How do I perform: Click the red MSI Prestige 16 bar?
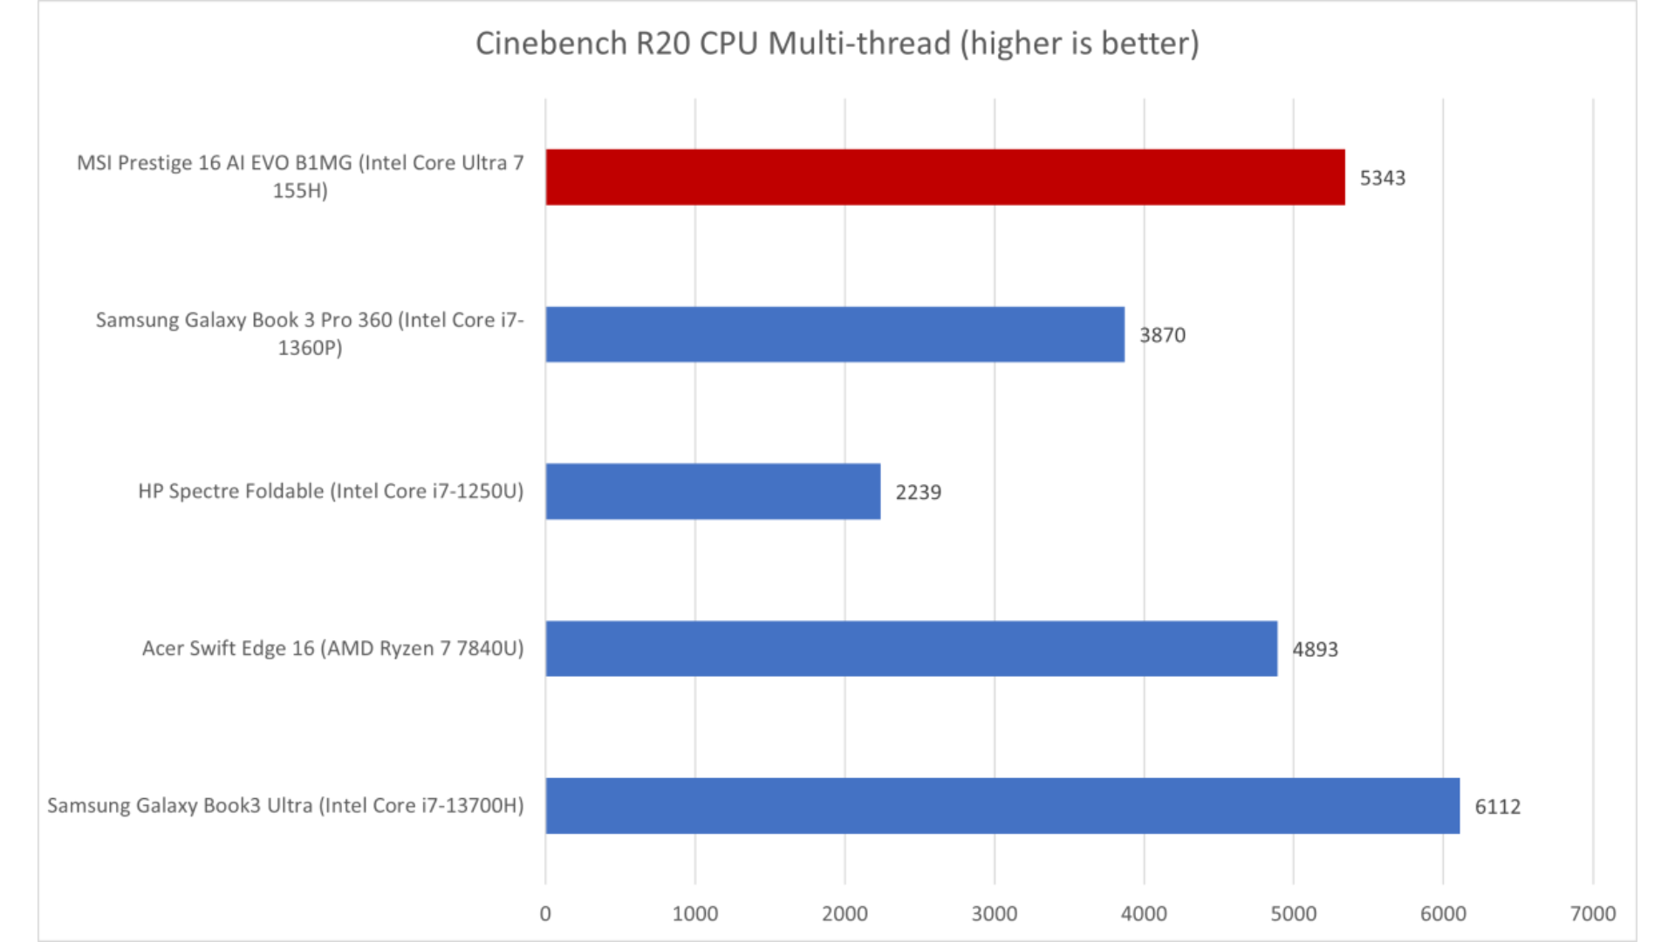point(945,177)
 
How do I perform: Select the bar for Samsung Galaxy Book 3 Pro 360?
point(835,334)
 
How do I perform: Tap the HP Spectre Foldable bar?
point(713,491)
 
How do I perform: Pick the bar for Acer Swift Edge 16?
point(912,648)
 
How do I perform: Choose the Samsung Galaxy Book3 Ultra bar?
point(1002,805)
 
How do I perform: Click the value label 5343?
point(1383,178)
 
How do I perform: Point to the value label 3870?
point(1162,335)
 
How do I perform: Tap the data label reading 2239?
point(918,492)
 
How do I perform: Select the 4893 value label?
point(1315,649)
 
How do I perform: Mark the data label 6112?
point(1497,807)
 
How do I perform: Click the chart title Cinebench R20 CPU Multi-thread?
point(837,44)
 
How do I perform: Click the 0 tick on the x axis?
point(545,913)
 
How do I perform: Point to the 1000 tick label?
point(694,913)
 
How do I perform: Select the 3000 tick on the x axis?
point(995,913)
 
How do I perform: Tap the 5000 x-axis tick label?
point(1293,913)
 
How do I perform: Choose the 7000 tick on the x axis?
point(1593,913)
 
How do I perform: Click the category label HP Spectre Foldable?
point(331,491)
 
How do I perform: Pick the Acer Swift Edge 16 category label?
point(332,648)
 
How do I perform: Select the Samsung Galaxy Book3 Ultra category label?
point(285,805)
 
